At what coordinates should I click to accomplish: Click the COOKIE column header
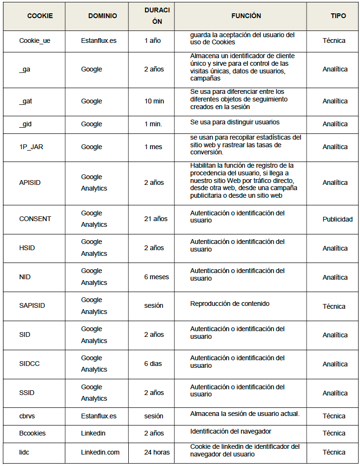[40, 16]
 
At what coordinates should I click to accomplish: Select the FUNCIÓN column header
[246, 16]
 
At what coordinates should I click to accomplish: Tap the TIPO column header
[338, 16]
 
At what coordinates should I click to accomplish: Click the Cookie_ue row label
[35, 41]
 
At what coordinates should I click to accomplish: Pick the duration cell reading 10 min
[154, 101]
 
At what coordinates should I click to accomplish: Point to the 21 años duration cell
[156, 219]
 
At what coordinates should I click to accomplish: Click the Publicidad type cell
[338, 219]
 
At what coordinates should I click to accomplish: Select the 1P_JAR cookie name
[31, 147]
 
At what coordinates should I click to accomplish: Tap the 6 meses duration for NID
[156, 277]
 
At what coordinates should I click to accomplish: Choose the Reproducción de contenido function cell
[230, 304]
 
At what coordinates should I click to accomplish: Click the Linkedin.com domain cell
[100, 452]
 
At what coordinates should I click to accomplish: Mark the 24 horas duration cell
[157, 452]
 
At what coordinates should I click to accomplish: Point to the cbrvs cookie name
[28, 416]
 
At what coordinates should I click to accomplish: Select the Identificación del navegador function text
[231, 431]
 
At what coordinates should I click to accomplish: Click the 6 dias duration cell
[153, 364]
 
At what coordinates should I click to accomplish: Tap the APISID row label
[29, 182]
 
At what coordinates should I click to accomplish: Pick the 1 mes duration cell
[153, 147]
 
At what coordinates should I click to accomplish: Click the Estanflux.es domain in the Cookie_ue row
[99, 41]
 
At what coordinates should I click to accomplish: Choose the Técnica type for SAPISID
[334, 306]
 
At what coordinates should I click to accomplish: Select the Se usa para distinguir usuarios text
[235, 122]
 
